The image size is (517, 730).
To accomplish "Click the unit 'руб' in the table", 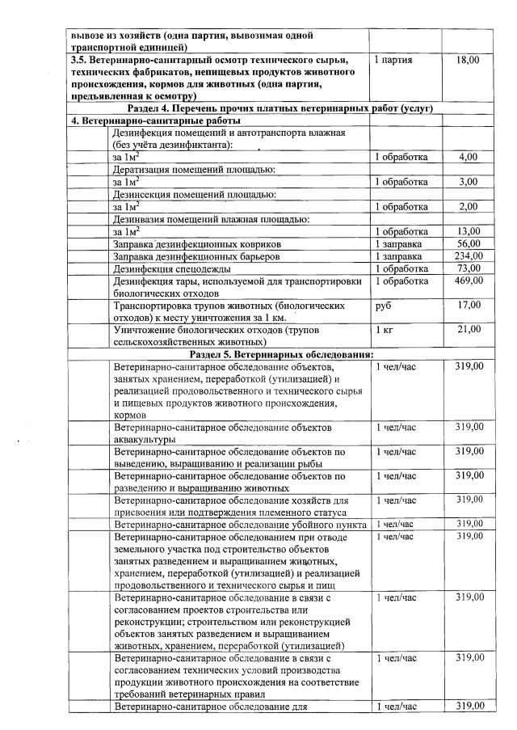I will [x=383, y=306].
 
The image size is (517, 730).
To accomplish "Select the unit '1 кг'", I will [x=385, y=331].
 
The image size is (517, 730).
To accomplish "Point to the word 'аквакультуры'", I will [x=145, y=439].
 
